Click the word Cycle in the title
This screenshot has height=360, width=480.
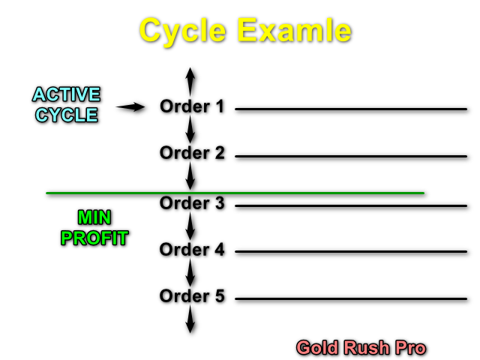point(183,31)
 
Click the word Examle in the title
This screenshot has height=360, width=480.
point(295,31)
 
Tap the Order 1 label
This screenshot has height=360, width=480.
point(192,106)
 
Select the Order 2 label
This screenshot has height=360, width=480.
point(192,153)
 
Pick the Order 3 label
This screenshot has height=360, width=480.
point(192,203)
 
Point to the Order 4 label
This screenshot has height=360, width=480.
point(192,250)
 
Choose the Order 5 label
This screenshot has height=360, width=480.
point(192,296)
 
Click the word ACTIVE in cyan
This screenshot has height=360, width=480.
point(66,95)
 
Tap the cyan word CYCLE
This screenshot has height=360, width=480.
point(66,115)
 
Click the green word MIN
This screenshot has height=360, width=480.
point(94,218)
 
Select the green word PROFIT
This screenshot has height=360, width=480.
point(94,238)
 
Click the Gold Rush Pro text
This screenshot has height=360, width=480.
point(361,348)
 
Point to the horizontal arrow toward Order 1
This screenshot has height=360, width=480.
point(130,108)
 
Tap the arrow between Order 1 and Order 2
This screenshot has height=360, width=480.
point(190,130)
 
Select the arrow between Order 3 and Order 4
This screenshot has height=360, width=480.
point(190,226)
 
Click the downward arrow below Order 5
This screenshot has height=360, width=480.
point(190,319)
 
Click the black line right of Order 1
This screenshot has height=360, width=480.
point(351,109)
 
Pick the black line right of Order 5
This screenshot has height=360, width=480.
point(351,298)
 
